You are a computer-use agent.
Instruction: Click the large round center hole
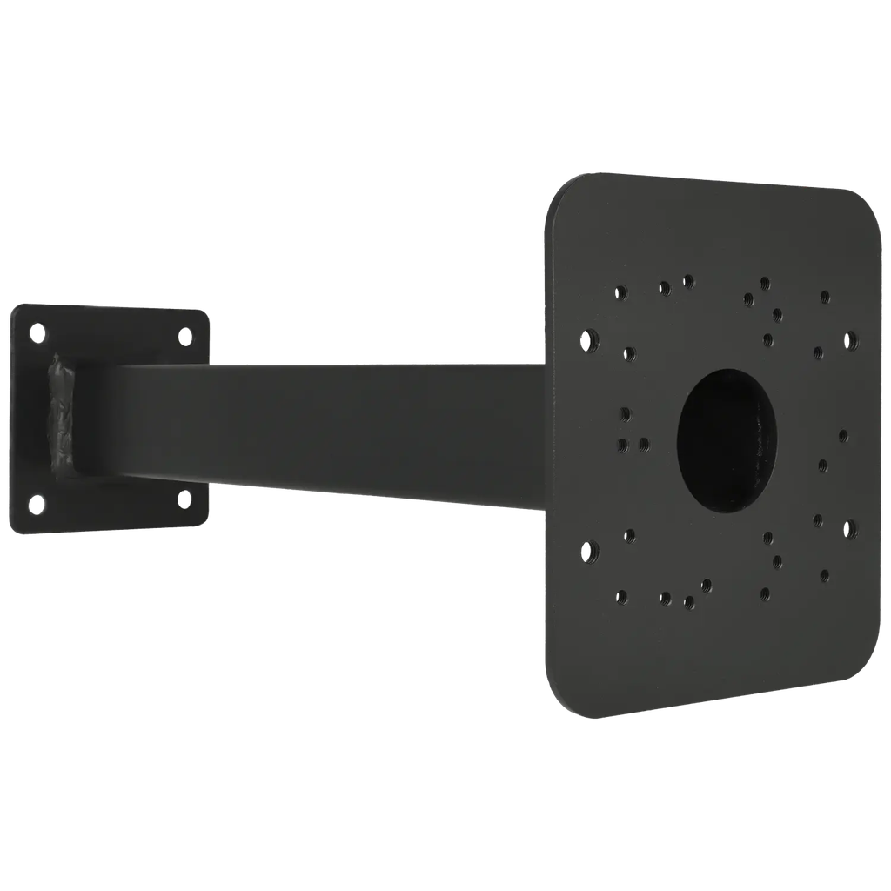(x=726, y=438)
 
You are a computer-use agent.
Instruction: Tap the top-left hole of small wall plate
(x=37, y=331)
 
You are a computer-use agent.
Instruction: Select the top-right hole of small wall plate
(x=185, y=334)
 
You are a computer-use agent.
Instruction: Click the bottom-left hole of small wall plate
(x=37, y=503)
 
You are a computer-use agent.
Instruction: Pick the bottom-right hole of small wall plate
(x=184, y=498)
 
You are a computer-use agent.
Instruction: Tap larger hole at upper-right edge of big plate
(x=849, y=340)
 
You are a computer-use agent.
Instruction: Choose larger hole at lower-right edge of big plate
(x=848, y=528)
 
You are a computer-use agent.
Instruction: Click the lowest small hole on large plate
(x=688, y=601)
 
